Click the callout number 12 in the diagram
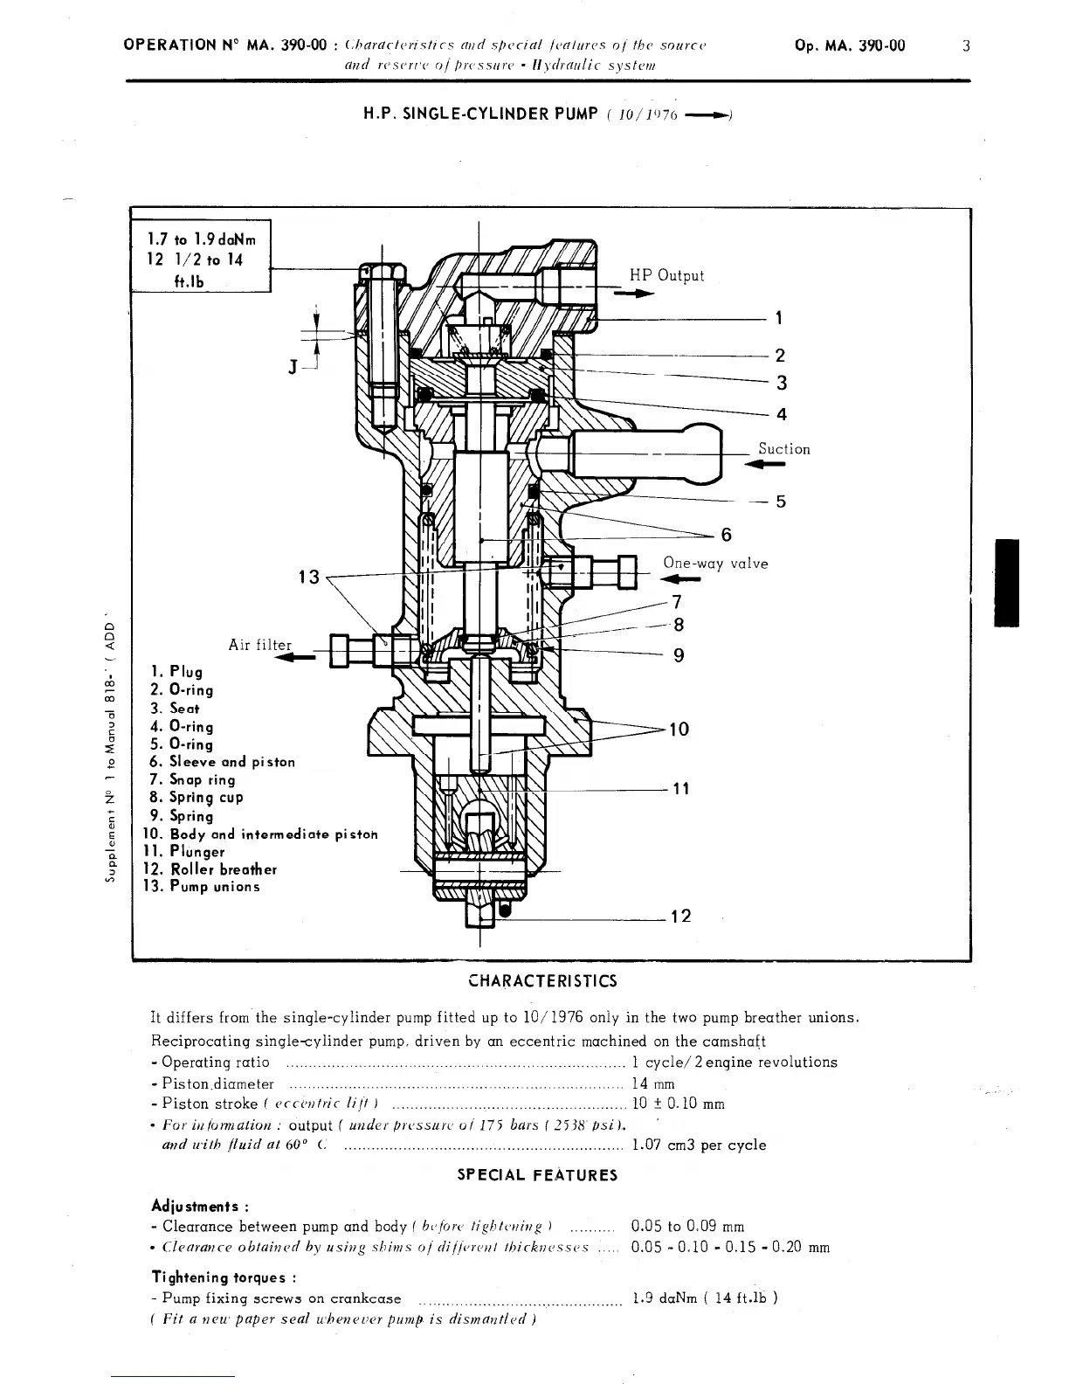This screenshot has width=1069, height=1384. tap(680, 916)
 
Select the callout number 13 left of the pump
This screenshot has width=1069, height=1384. tap(309, 578)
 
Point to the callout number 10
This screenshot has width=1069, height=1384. tap(679, 729)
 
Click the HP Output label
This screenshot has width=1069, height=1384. tap(666, 275)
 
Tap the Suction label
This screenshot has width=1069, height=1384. tap(783, 449)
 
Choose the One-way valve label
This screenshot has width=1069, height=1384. tap(715, 564)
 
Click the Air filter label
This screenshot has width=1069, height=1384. tap(259, 645)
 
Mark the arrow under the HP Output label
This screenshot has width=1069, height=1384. tap(634, 294)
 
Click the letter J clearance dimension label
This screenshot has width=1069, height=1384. tap(293, 364)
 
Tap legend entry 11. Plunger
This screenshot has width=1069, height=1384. tap(184, 852)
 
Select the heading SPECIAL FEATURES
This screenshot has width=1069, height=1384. tap(537, 1175)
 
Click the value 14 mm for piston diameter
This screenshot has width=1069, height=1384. tap(652, 1083)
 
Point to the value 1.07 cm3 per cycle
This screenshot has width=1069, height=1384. tap(698, 1145)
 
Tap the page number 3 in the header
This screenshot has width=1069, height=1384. tap(966, 46)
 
